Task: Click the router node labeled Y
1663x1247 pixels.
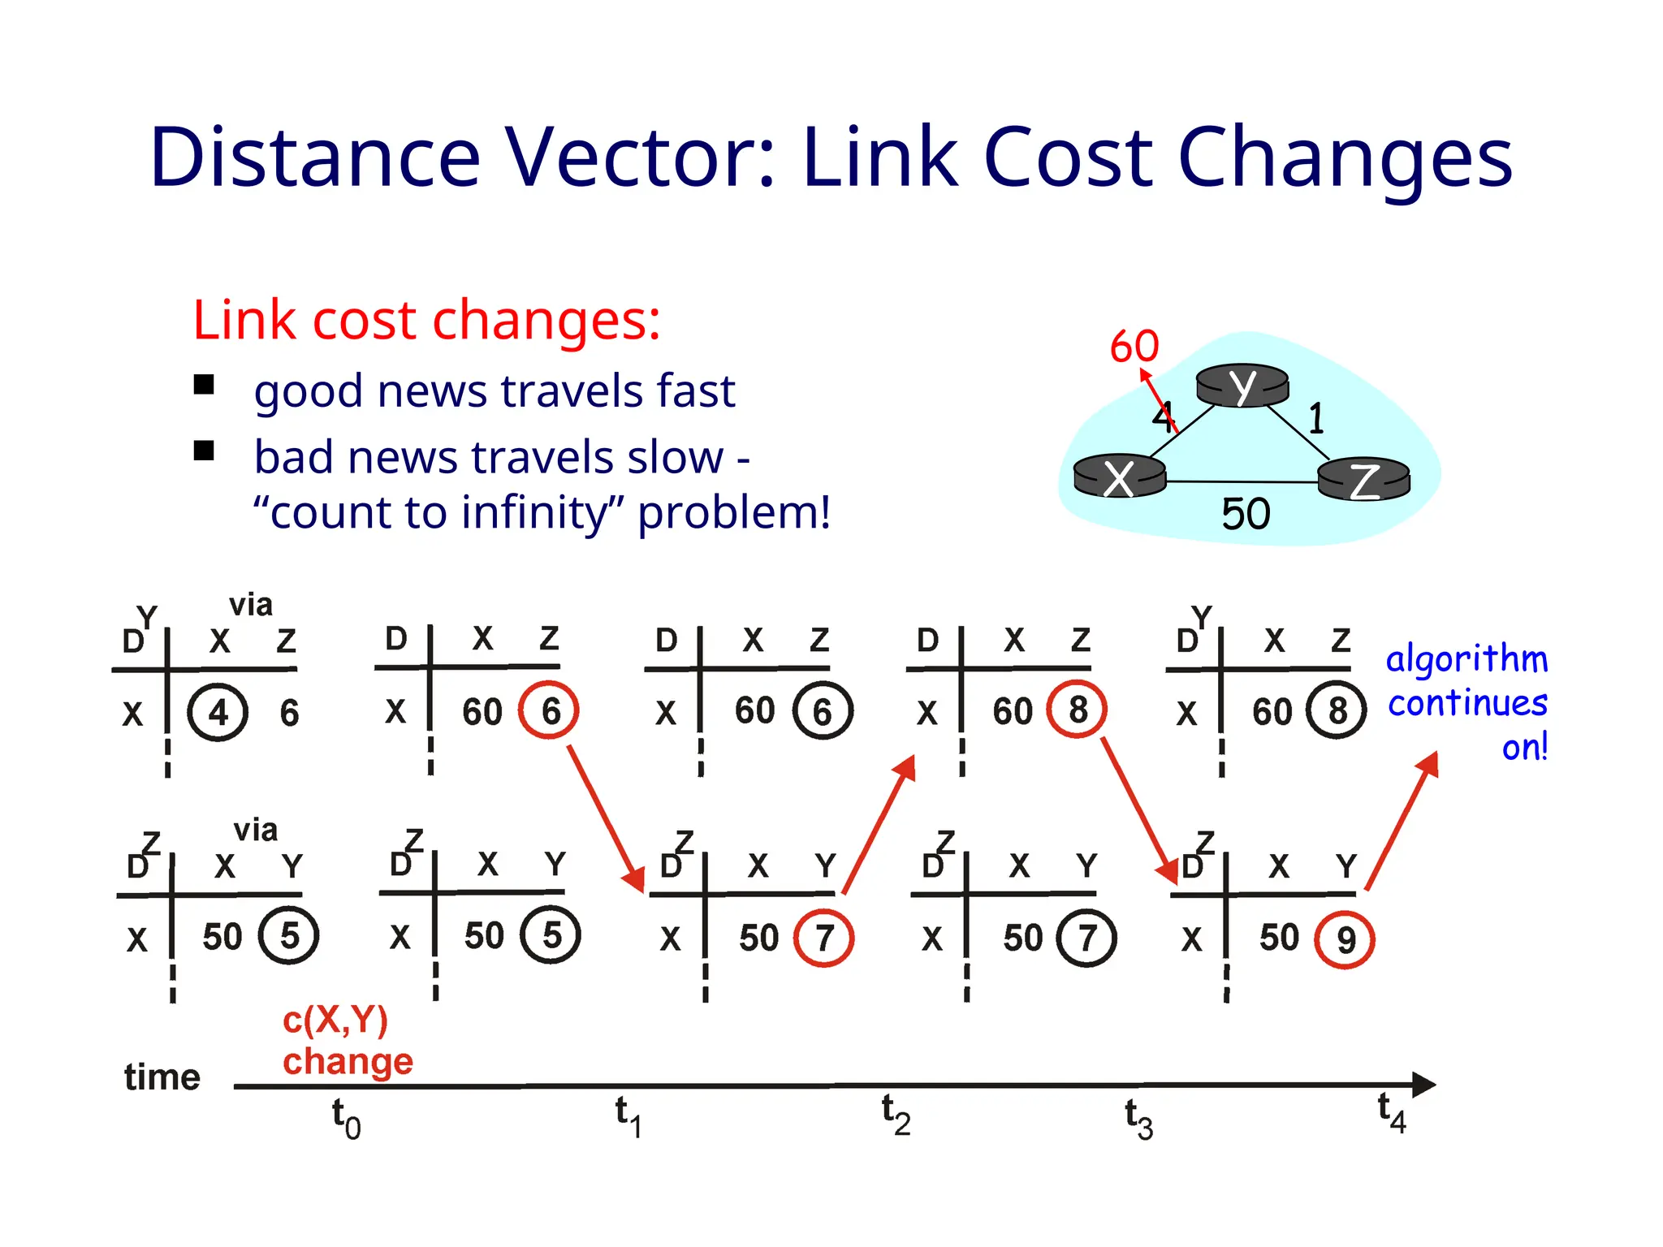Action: click(1242, 385)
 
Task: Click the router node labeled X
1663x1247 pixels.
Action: click(1120, 477)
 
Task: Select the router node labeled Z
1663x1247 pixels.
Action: click(1364, 481)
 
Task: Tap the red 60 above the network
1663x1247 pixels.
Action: click(1134, 347)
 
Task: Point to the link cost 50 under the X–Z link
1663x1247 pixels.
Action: click(1246, 514)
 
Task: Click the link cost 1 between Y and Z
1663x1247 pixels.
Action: click(1316, 419)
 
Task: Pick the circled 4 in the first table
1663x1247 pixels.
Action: click(218, 713)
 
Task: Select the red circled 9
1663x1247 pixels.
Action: click(1346, 939)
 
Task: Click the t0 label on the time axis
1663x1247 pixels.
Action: click(346, 1118)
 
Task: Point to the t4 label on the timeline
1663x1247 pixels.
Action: click(1392, 1111)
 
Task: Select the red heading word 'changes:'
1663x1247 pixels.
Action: click(546, 320)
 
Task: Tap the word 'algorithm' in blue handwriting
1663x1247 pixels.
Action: click(1466, 659)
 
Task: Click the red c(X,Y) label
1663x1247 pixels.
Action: click(335, 1020)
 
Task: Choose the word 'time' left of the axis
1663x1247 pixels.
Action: click(162, 1077)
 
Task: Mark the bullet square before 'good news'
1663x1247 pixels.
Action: click(204, 384)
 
